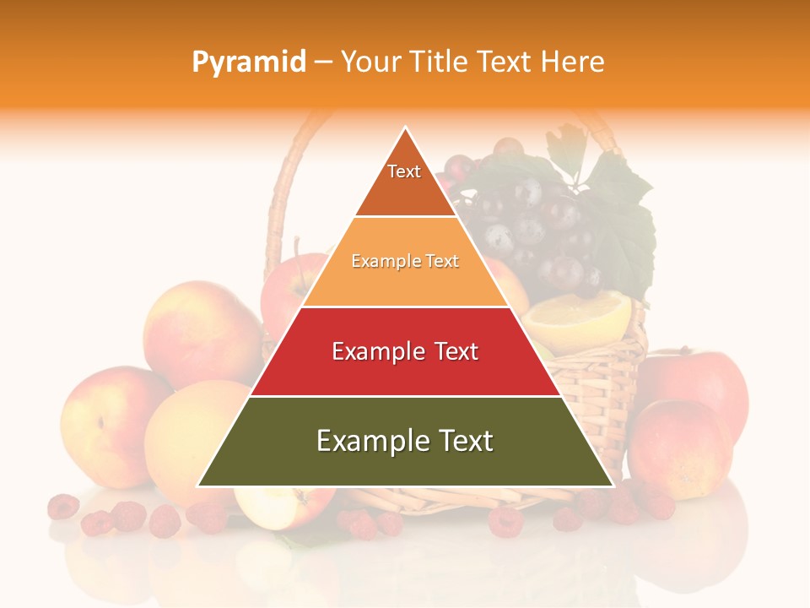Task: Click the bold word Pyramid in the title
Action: coord(249,62)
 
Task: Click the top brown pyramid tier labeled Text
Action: coord(405,182)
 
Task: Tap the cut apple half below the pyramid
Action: coord(283,507)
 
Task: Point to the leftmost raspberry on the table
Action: coord(63,507)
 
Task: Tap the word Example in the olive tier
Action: coord(368,441)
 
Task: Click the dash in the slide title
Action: coord(323,62)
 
